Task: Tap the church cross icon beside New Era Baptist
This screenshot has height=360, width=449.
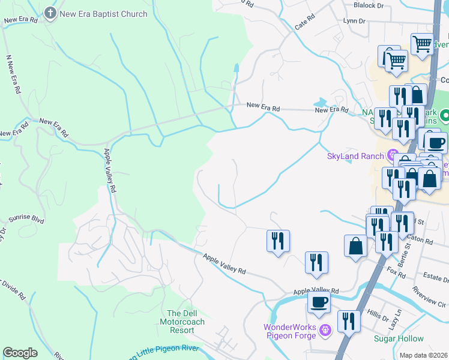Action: click(51, 14)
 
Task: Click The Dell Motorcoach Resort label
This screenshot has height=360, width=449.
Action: click(185, 322)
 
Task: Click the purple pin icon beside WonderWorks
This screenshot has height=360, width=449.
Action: click(325, 330)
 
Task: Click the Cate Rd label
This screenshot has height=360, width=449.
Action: click(305, 23)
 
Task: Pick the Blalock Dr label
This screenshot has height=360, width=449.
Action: click(368, 5)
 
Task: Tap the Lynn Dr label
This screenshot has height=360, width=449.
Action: click(354, 20)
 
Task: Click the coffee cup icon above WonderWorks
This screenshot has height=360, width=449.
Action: click(319, 302)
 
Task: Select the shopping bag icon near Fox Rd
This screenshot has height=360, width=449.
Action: click(355, 245)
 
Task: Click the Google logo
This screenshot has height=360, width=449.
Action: click(20, 353)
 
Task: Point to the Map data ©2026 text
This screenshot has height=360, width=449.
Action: click(423, 355)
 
